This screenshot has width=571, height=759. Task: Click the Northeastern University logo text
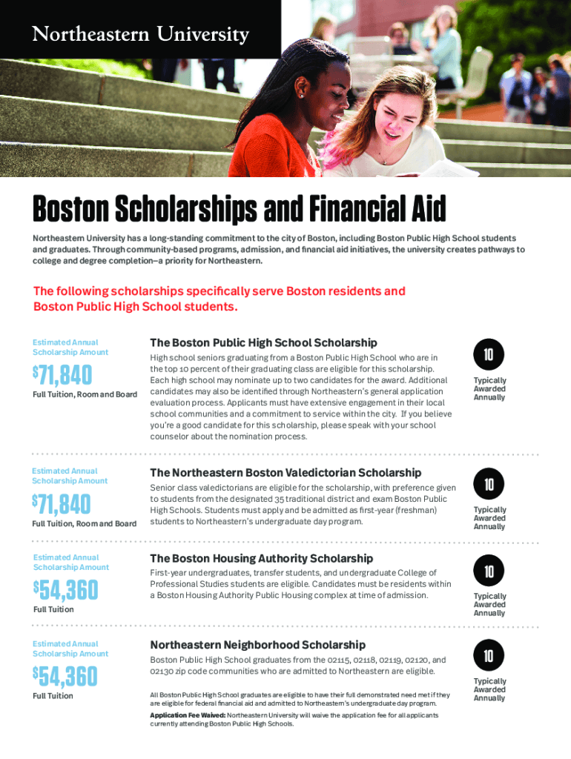coord(139,34)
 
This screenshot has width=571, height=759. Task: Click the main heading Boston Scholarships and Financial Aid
coord(239,211)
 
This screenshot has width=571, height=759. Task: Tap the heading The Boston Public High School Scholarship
coord(263,342)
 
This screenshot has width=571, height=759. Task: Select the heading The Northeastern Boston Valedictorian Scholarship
coord(285,472)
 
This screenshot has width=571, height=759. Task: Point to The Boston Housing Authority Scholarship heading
coord(261,558)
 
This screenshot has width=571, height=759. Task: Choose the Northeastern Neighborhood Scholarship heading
coord(257,645)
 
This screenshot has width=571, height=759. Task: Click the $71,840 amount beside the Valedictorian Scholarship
coord(62,505)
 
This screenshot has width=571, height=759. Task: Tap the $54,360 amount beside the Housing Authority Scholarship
coord(65,591)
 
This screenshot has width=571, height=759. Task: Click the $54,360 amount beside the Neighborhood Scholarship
coord(65,677)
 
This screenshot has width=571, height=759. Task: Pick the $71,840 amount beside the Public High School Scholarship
coord(62,376)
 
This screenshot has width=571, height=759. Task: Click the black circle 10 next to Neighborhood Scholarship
coord(489,656)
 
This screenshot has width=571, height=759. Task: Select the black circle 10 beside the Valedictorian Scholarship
coord(489,485)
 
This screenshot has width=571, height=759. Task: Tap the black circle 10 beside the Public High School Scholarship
coord(489,355)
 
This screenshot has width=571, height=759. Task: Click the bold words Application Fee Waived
coord(188,715)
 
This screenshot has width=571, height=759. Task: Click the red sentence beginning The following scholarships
coord(220,299)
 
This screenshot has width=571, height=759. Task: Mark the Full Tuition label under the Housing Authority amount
coord(53,609)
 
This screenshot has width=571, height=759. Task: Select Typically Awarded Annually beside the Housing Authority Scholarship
coord(489,604)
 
